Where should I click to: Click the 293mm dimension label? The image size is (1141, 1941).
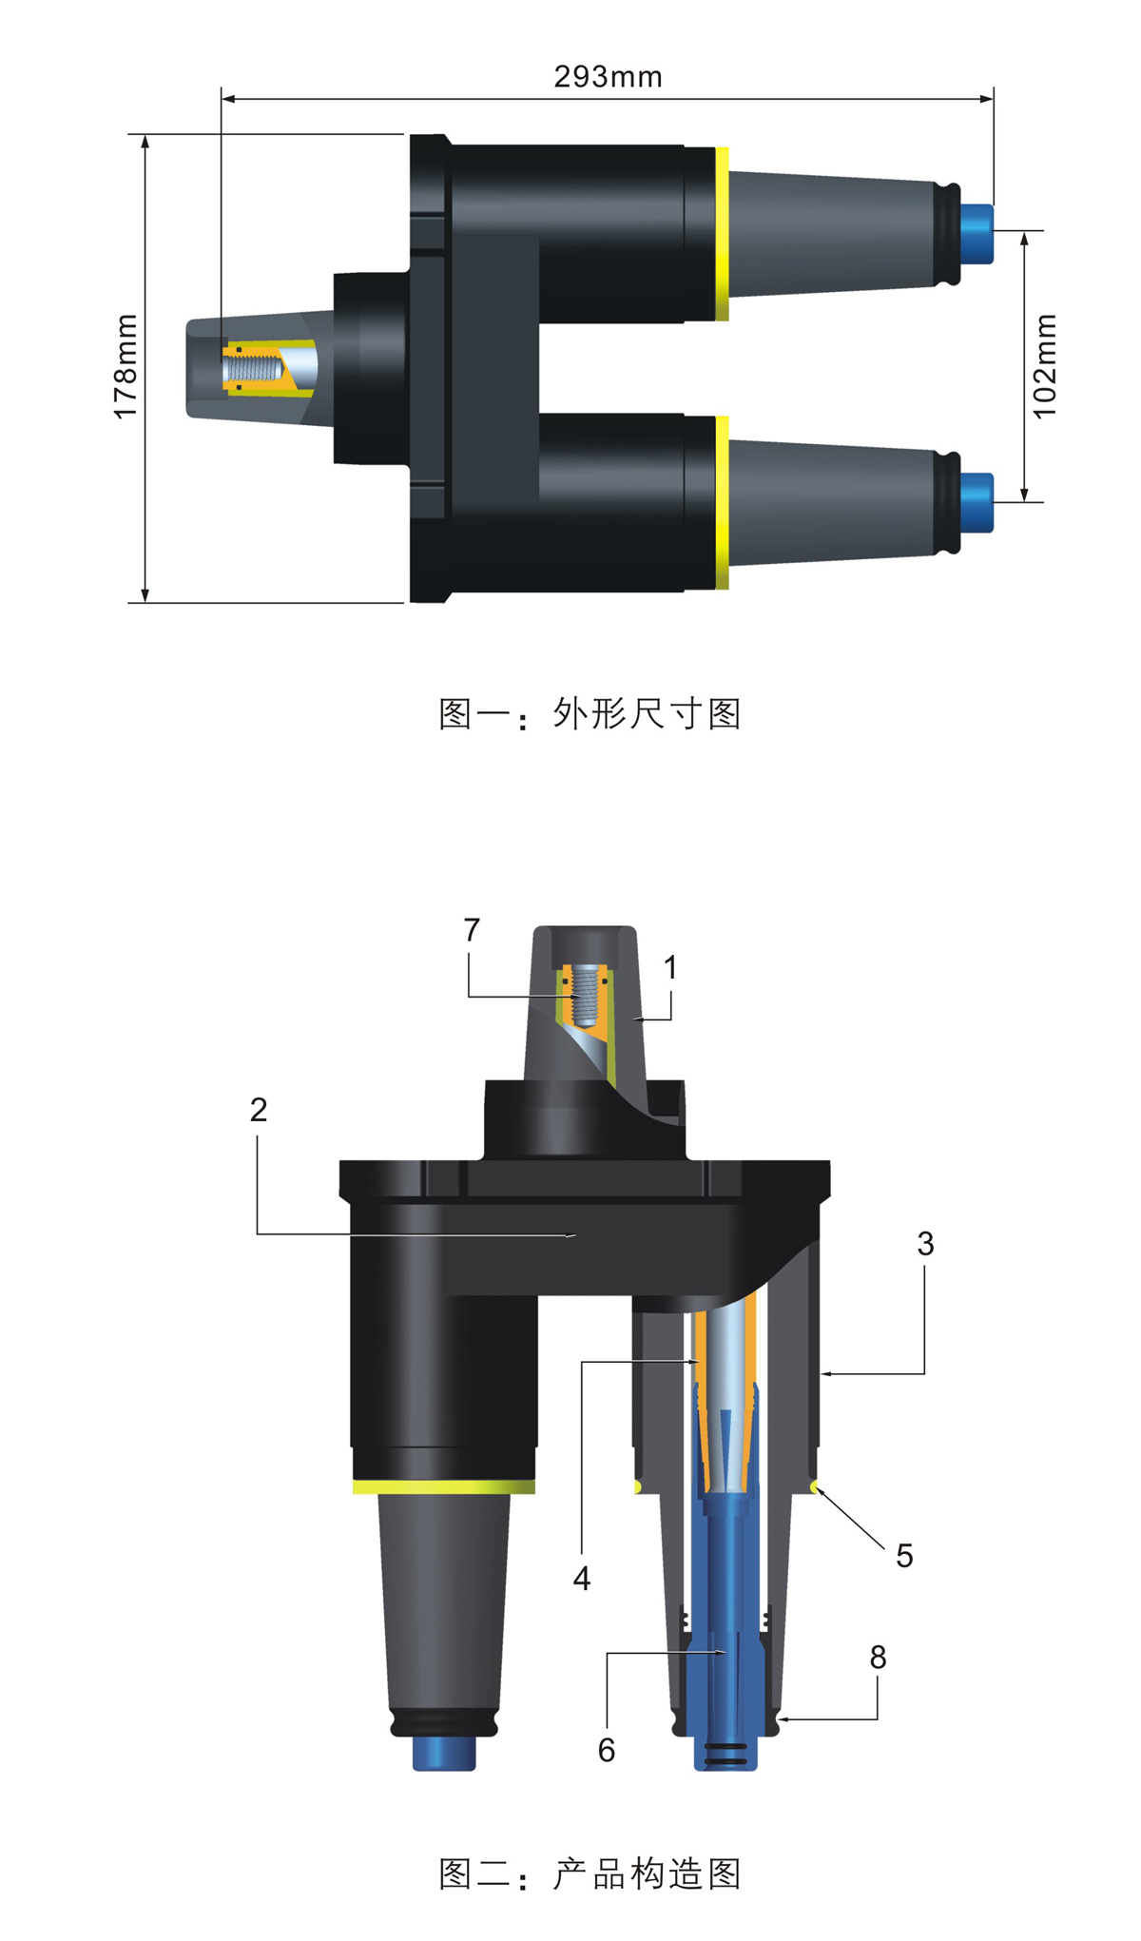pyautogui.click(x=609, y=77)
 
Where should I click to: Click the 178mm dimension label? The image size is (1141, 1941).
pyautogui.click(x=126, y=367)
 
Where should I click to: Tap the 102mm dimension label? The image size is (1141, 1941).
pyautogui.click(x=1044, y=366)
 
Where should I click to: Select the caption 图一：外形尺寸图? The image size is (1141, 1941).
pyautogui.click(x=590, y=713)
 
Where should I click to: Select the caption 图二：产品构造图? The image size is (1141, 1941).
pyautogui.click(x=590, y=1873)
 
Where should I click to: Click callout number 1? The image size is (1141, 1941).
pyautogui.click(x=670, y=968)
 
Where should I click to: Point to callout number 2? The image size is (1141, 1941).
pyautogui.click(x=259, y=1110)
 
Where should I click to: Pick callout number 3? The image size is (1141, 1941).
pyautogui.click(x=925, y=1244)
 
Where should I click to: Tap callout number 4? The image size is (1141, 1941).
pyautogui.click(x=582, y=1579)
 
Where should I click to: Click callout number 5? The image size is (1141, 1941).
pyautogui.click(x=904, y=1556)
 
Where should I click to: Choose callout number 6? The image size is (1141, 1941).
pyautogui.click(x=607, y=1750)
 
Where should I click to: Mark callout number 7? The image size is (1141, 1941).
pyautogui.click(x=472, y=930)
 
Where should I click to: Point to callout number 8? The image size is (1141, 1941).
pyautogui.click(x=878, y=1658)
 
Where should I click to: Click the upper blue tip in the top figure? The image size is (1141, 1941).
pyautogui.click(x=977, y=234)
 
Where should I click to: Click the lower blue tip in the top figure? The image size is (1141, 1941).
pyautogui.click(x=977, y=503)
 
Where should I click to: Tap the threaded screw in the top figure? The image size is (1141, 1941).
pyautogui.click(x=254, y=367)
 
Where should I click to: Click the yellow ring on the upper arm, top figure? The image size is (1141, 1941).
pyautogui.click(x=723, y=234)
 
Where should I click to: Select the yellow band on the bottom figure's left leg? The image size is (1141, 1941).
pyautogui.click(x=444, y=1486)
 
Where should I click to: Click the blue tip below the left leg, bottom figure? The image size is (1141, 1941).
pyautogui.click(x=444, y=1753)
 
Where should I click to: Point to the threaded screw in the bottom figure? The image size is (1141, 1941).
pyautogui.click(x=585, y=996)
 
